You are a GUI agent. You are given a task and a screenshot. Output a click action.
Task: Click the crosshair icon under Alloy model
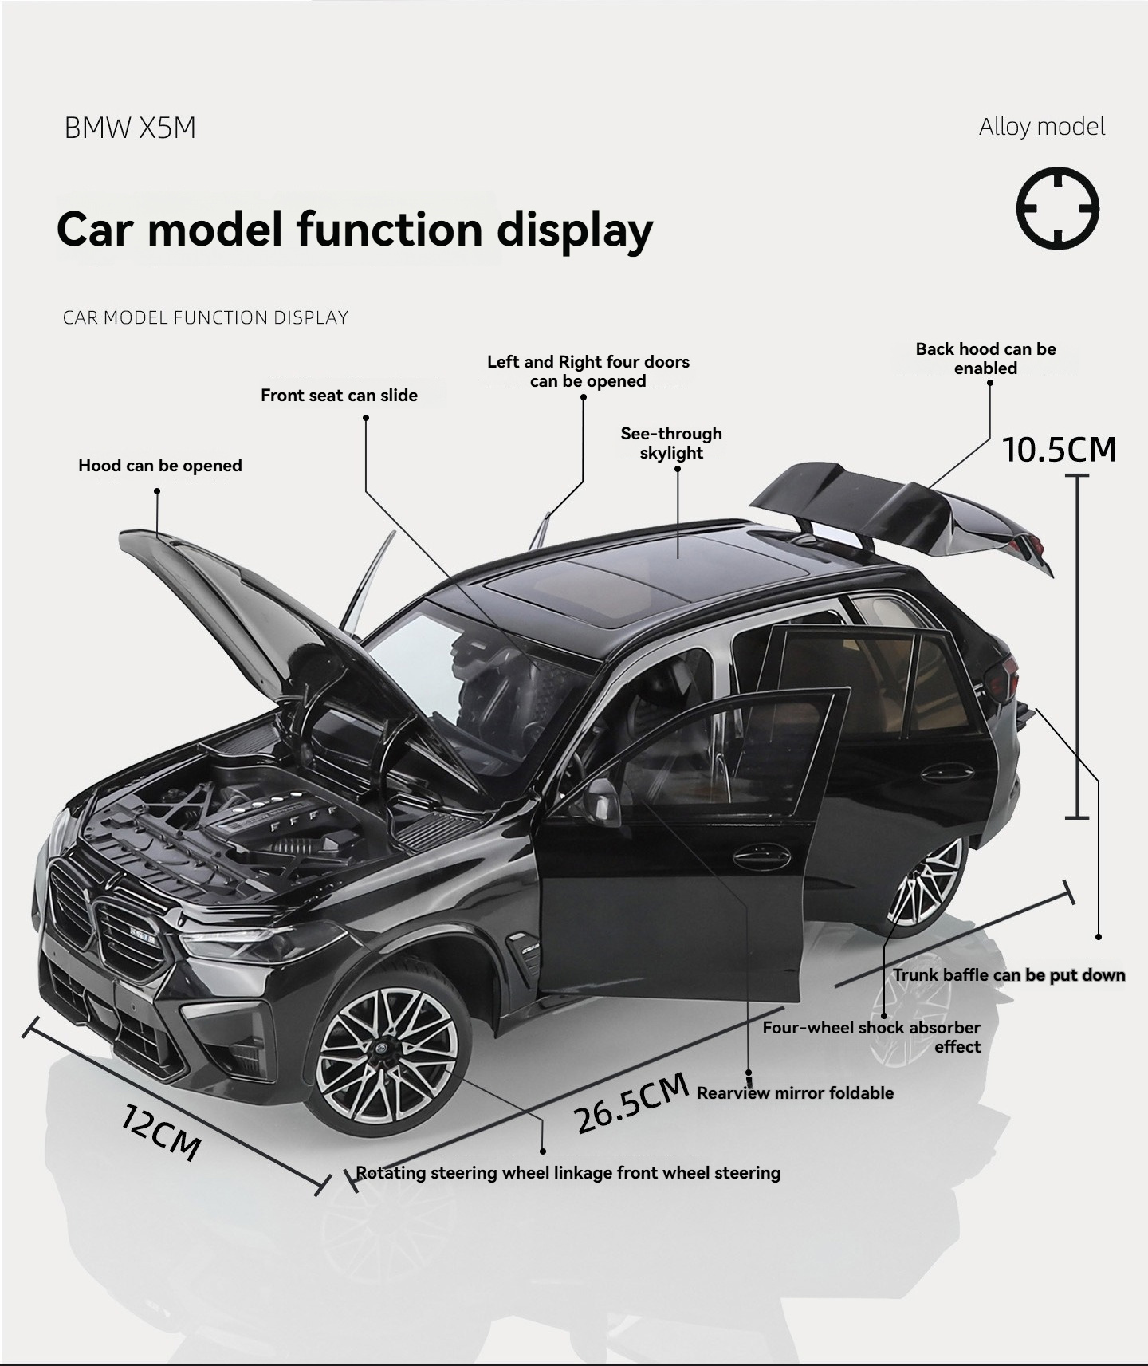click(x=1057, y=208)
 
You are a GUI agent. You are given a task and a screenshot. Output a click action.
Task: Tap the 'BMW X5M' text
click(x=130, y=128)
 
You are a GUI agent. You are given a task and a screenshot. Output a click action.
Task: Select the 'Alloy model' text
click(x=1042, y=127)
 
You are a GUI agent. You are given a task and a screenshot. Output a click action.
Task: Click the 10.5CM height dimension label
click(x=1060, y=450)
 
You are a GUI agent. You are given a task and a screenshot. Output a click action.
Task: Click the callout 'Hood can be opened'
click(x=160, y=466)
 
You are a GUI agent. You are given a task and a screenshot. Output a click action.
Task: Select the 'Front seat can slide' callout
click(x=339, y=396)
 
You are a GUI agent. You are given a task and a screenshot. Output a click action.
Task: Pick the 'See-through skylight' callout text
click(x=671, y=443)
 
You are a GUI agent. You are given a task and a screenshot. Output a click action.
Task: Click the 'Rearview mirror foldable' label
click(x=795, y=1093)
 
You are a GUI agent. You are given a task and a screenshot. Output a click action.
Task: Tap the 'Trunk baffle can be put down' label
click(x=1008, y=975)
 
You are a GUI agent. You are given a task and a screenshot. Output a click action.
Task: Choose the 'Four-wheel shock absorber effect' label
click(x=871, y=1037)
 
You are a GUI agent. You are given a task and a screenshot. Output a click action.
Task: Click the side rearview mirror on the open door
click(x=602, y=801)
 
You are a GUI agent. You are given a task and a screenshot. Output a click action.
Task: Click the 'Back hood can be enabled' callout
click(x=985, y=359)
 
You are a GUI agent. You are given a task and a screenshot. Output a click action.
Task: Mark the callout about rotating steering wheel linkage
click(x=568, y=1173)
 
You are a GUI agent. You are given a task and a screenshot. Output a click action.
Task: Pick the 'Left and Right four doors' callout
click(x=588, y=372)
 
